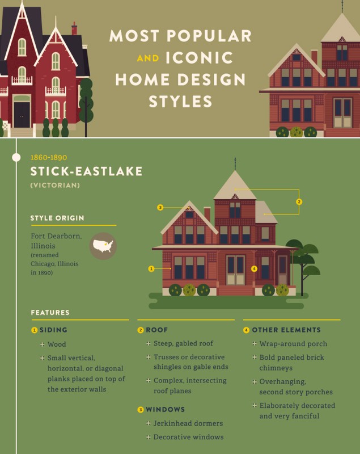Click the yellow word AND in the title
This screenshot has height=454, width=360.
tap(148, 58)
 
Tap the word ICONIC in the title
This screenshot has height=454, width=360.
tap(200, 58)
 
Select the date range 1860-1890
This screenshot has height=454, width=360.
tap(49, 158)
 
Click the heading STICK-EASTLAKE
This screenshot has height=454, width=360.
tap(86, 171)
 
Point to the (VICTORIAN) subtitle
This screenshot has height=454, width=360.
tap(55, 186)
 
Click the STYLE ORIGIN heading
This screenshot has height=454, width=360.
tap(57, 218)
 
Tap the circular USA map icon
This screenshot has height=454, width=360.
tap(103, 246)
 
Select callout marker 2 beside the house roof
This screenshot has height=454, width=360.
tap(299, 201)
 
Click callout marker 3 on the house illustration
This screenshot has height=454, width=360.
tap(160, 207)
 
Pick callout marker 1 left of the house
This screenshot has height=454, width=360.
tap(151, 268)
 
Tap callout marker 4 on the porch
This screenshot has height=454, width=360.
tap(254, 268)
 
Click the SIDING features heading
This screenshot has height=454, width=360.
tap(53, 330)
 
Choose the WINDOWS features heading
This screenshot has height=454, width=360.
tap(165, 409)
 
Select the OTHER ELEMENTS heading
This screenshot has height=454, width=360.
tap(286, 330)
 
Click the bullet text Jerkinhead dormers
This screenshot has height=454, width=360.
tap(188, 423)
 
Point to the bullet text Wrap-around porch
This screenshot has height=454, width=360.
tap(293, 344)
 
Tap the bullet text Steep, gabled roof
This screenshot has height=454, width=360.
tap(183, 343)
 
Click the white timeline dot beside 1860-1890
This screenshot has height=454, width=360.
tap(16, 157)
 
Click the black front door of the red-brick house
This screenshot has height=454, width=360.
tap(22, 115)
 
